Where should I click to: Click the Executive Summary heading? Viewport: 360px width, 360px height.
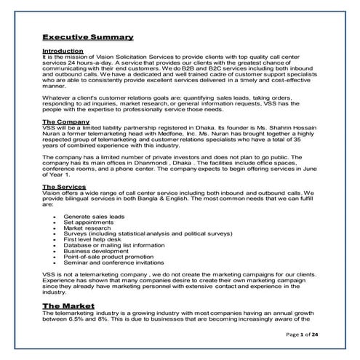(x=87, y=36)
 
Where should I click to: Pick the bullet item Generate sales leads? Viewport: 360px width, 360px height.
(x=95, y=217)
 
